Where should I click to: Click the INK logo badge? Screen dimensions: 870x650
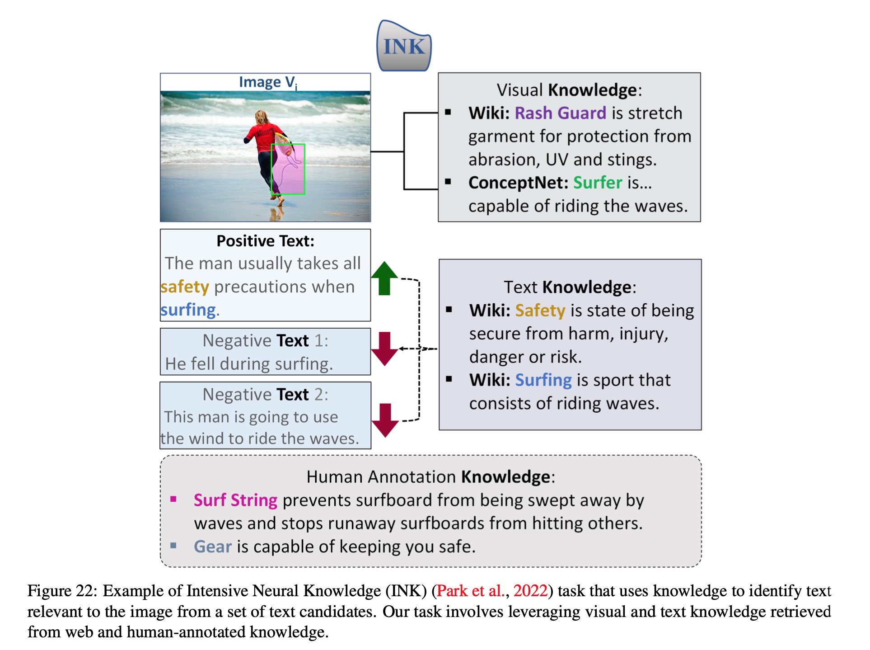pyautogui.click(x=404, y=47)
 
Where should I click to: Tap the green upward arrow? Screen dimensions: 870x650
pyautogui.click(x=384, y=278)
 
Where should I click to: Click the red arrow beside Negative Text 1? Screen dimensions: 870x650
pyautogui.click(x=384, y=349)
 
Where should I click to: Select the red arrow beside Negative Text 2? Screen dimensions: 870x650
pyautogui.click(x=385, y=420)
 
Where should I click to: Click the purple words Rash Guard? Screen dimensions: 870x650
pyautogui.click(x=560, y=113)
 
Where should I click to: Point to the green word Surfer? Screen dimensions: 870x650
pyautogui.click(x=598, y=183)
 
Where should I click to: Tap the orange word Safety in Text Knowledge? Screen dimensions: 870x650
pyautogui.click(x=540, y=311)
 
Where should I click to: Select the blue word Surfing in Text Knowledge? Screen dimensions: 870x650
pyautogui.click(x=543, y=380)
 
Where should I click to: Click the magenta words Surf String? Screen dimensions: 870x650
pyautogui.click(x=235, y=500)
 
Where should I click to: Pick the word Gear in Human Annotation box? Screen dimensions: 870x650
pyautogui.click(x=213, y=547)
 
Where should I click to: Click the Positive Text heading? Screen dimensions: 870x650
pyautogui.click(x=265, y=241)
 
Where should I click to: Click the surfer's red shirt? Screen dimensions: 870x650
pyautogui.click(x=262, y=136)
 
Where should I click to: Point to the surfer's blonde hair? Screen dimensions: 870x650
pyautogui.click(x=261, y=118)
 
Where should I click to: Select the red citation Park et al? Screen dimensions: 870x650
pyautogui.click(x=470, y=591)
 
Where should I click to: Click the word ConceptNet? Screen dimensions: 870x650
pyautogui.click(x=518, y=183)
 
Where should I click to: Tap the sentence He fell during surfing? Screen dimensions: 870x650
pyautogui.click(x=249, y=364)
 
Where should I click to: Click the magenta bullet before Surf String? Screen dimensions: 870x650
pyautogui.click(x=173, y=499)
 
